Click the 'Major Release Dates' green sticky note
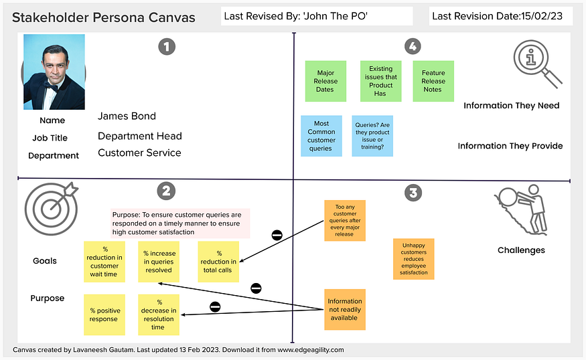(x=325, y=81)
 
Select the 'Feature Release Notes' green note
(x=433, y=81)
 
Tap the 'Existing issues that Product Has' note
(x=380, y=81)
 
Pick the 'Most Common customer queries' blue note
(x=321, y=136)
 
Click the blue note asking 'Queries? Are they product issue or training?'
(x=372, y=136)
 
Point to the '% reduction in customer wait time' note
(x=104, y=262)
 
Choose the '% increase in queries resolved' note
(x=159, y=262)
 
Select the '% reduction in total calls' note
(x=218, y=262)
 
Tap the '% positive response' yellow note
(x=104, y=314)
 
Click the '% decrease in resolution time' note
(x=159, y=314)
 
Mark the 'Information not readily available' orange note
(x=345, y=310)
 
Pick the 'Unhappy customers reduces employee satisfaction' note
(x=413, y=258)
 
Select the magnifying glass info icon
(x=536, y=64)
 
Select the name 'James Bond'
(x=127, y=116)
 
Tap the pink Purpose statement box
(x=180, y=223)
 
